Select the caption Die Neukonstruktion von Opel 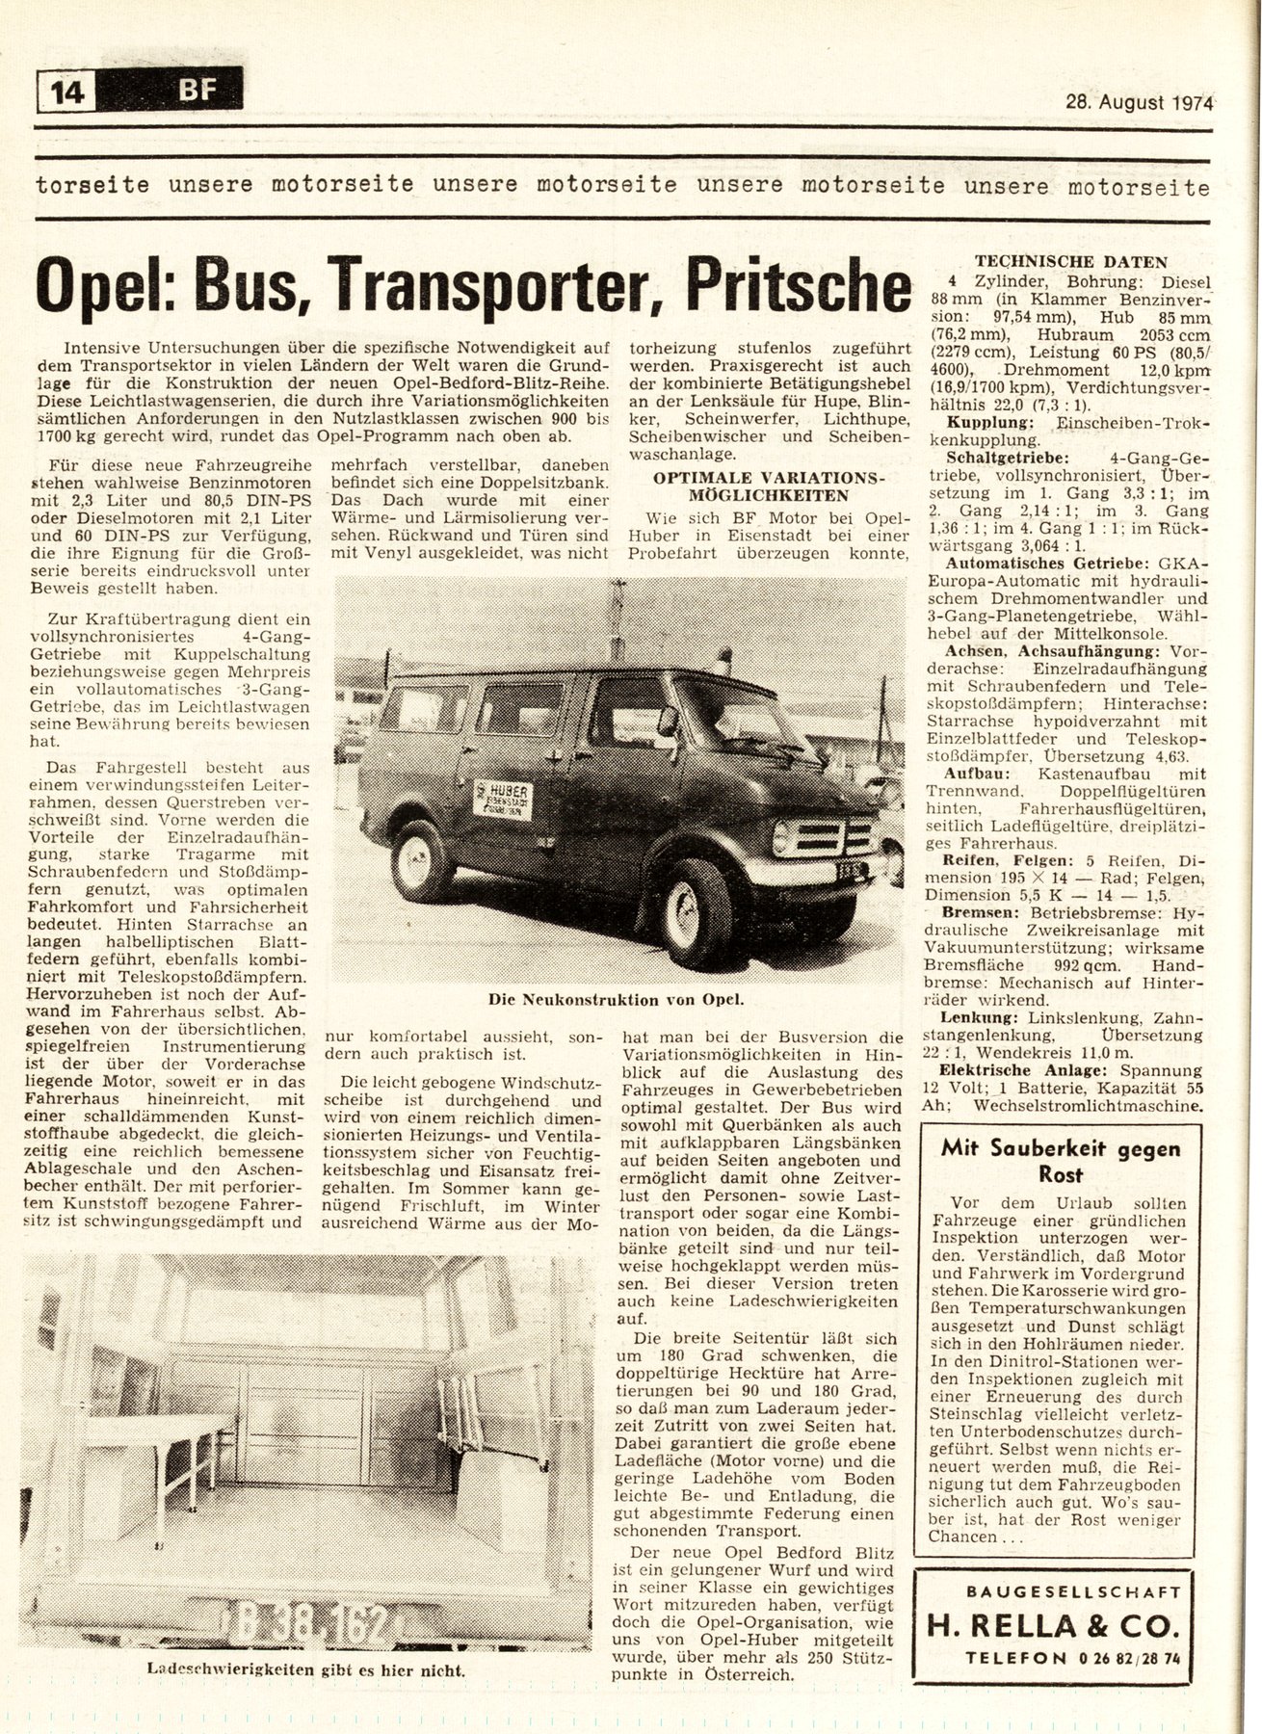617,1000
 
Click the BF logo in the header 198,92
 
